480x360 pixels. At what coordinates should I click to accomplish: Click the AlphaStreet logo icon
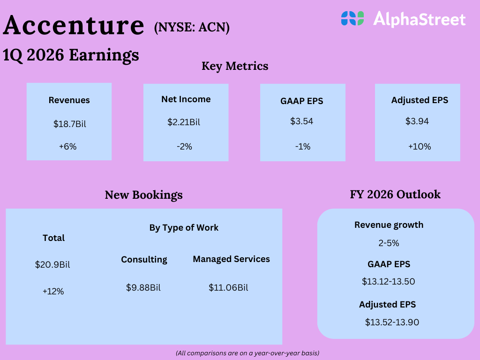pos(352,18)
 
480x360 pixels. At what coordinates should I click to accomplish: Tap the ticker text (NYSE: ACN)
pos(192,28)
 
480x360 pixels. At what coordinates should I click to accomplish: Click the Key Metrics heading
pos(235,66)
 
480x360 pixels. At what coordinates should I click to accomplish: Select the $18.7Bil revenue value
pos(70,124)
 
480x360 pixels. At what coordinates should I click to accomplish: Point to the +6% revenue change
pos(67,147)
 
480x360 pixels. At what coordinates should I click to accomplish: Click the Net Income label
pos(186,99)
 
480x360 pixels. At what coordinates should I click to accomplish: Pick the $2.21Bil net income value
pos(184,122)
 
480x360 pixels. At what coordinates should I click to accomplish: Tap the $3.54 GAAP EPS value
pos(301,121)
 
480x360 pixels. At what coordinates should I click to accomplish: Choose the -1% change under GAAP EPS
pos(303,147)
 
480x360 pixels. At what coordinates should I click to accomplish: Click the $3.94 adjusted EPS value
pos(417,121)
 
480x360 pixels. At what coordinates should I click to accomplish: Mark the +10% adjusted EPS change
pos(420,147)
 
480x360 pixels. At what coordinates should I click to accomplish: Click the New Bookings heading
pos(143,195)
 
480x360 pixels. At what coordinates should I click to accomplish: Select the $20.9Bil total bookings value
pos(52,264)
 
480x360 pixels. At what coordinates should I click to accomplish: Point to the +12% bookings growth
pos(53,291)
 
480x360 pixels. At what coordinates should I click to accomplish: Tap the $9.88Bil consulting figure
pos(143,288)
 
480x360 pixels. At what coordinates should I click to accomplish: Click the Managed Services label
pos(232,259)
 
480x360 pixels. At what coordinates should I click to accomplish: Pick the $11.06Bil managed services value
pos(228,288)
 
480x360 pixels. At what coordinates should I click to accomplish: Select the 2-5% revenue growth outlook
pos(389,243)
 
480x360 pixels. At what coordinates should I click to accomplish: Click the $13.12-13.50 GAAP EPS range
pos(389,281)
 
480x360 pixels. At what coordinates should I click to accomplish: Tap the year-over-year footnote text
pos(247,353)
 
